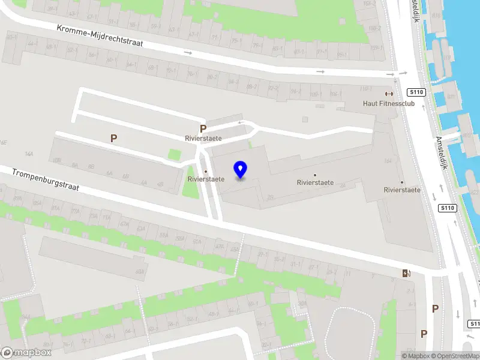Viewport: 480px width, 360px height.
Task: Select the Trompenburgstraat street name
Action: tap(46, 181)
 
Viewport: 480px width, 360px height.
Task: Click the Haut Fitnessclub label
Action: tap(389, 103)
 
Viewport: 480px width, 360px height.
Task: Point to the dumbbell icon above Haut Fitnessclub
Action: tap(389, 94)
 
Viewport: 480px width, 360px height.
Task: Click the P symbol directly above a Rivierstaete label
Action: tap(203, 128)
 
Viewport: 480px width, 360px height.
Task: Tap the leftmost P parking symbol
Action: tap(113, 138)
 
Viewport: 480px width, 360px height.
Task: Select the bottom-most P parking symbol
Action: tap(424, 334)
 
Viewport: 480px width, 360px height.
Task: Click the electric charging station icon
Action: tap(407, 274)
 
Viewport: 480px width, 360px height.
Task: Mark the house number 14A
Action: tap(28, 154)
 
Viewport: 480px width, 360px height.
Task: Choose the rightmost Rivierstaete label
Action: tap(401, 190)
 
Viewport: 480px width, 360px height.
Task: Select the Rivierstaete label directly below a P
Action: tap(203, 138)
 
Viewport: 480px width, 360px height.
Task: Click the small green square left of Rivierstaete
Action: tap(175, 154)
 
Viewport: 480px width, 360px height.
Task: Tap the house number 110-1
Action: tap(365, 88)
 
